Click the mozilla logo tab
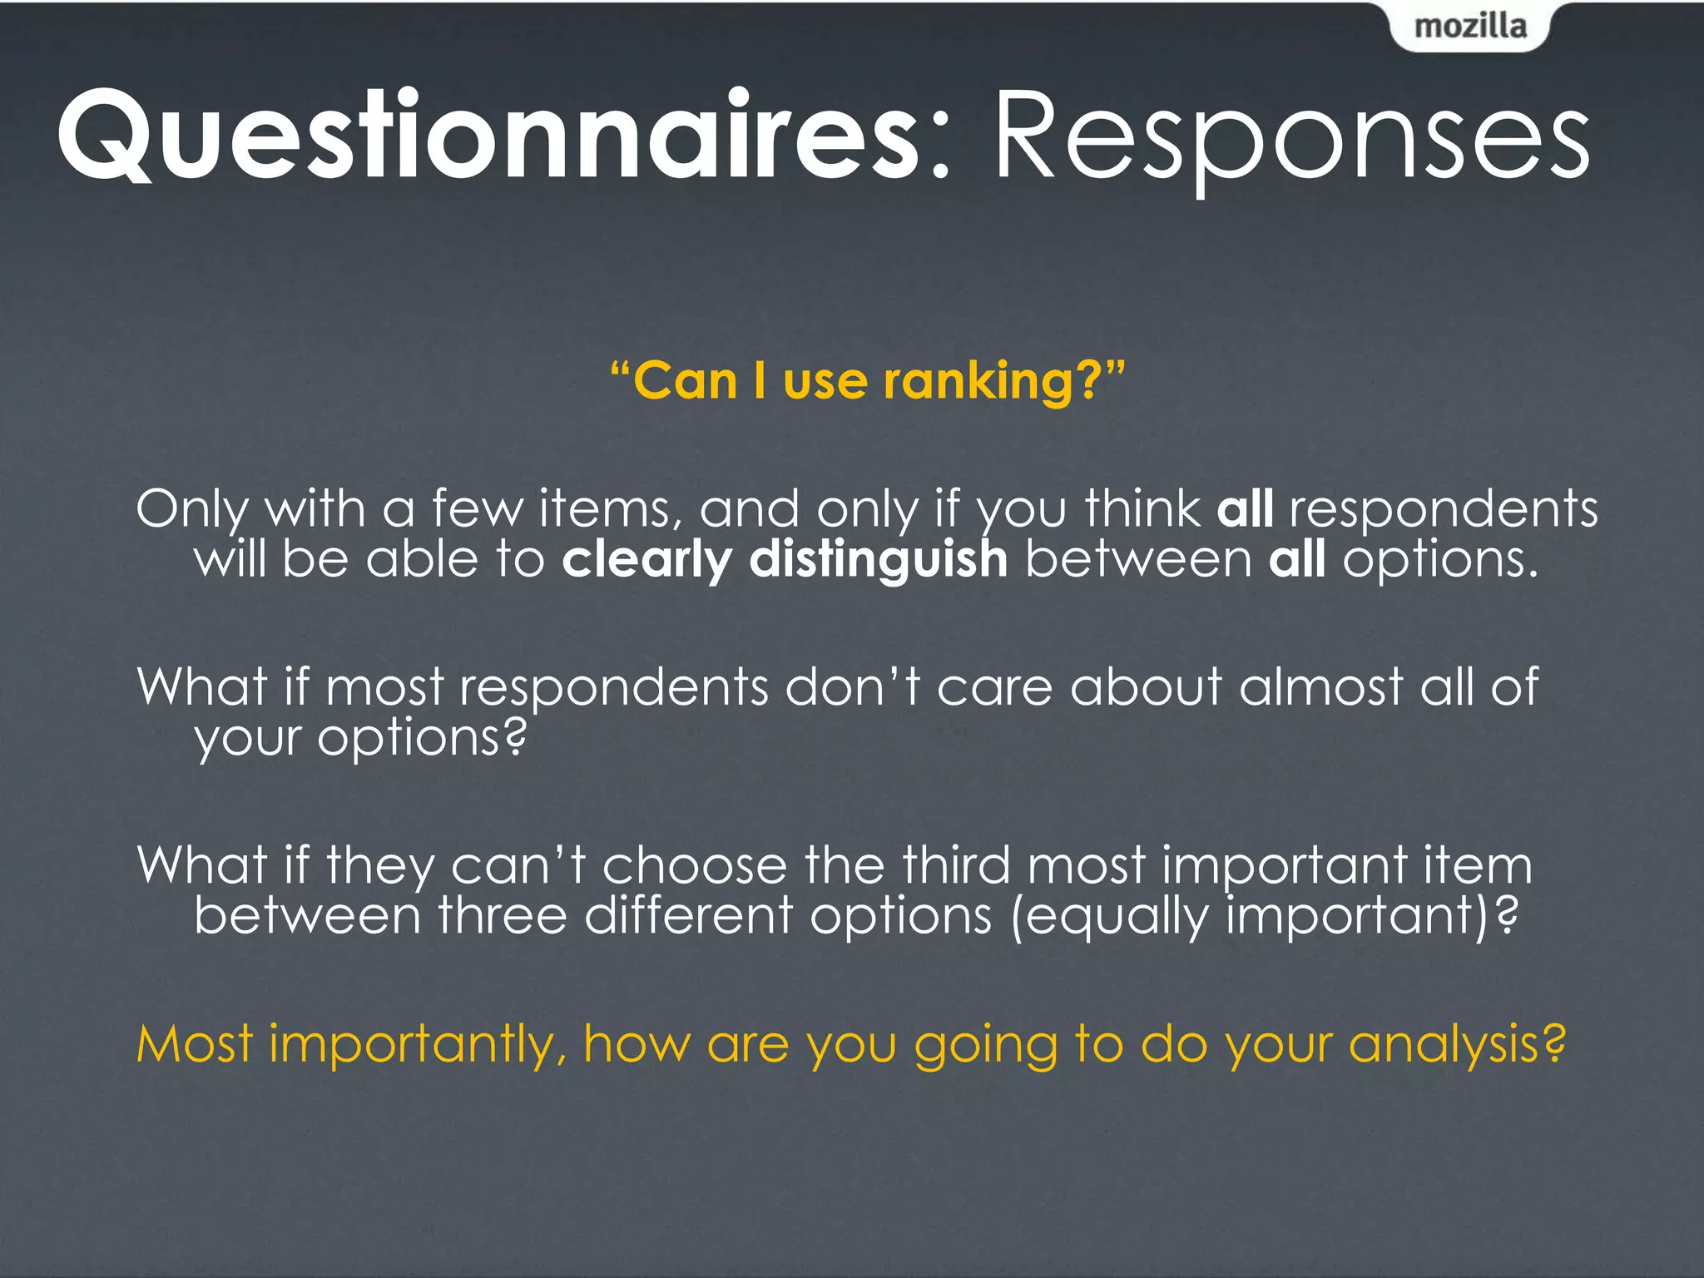click(1469, 27)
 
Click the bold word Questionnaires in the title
click(488, 136)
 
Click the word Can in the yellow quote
click(685, 381)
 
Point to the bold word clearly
click(646, 559)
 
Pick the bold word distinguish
click(879, 559)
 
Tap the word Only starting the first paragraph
click(192, 508)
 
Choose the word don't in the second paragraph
click(852, 687)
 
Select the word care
click(995, 687)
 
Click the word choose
click(694, 865)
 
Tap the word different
click(688, 915)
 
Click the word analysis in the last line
click(1456, 1045)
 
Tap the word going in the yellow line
click(986, 1045)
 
